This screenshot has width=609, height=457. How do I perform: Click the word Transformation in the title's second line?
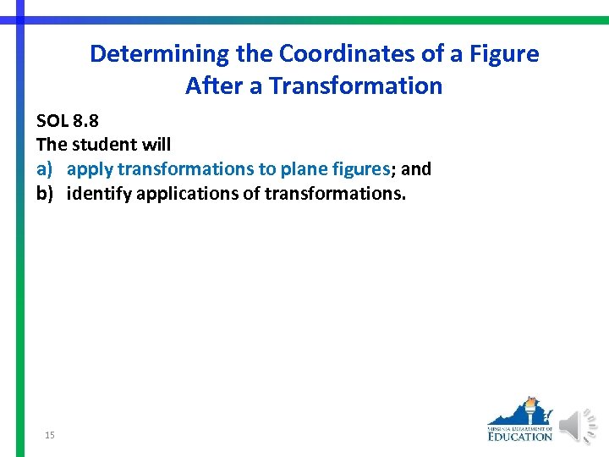(x=355, y=85)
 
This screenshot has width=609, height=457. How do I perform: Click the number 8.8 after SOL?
(x=85, y=121)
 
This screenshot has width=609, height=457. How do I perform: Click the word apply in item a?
(x=89, y=169)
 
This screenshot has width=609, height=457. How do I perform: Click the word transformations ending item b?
(x=335, y=194)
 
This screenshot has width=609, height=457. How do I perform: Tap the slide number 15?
(x=50, y=435)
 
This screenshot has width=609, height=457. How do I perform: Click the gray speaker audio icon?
(x=578, y=426)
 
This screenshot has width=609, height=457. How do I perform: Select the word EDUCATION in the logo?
(x=519, y=436)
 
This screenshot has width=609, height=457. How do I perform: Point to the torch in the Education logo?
(x=530, y=410)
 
